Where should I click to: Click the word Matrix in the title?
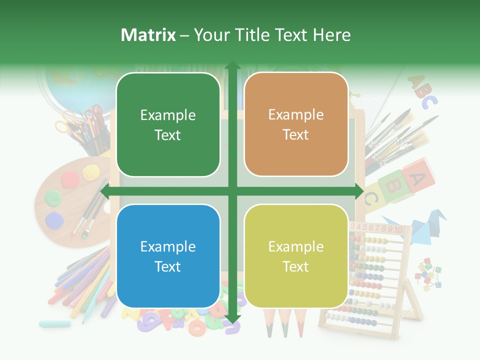148,35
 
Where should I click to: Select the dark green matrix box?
168,125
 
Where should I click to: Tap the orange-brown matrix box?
296,124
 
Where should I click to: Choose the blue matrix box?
168,256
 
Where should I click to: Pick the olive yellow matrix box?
296,256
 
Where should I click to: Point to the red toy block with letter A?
419,173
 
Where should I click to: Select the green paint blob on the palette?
52,197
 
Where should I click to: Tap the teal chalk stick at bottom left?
54,323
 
